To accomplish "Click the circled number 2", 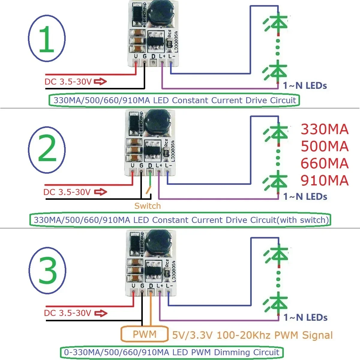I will pos(47,149).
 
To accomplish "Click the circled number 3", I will pos(47,271).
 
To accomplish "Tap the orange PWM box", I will pos(144,334).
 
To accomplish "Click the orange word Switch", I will pos(147,206).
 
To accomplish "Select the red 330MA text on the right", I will pos(325,129).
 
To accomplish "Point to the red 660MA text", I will pos(325,163).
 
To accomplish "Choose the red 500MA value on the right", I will pos(325,146).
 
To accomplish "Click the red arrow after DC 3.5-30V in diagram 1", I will pos(100,81).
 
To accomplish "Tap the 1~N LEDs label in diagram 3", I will pos(305,317).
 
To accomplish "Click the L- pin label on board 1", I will pos(171,56).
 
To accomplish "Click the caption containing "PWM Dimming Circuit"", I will pos(172,352).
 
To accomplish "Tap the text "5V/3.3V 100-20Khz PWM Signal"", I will pos(252,335).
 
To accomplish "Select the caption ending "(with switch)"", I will pos(181,220).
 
